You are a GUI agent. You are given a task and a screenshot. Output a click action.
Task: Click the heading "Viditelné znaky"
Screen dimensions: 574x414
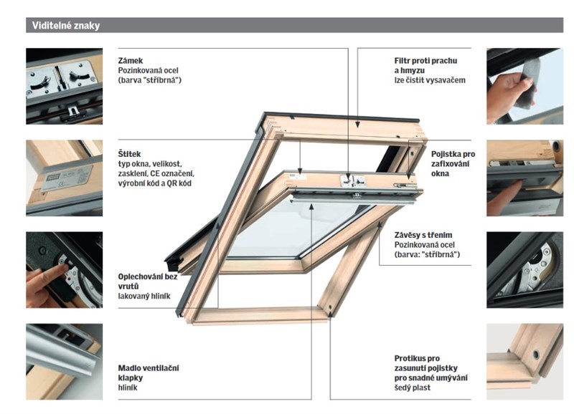click(x=66, y=26)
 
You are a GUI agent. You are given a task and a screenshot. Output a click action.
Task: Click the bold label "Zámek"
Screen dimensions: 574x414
click(x=131, y=61)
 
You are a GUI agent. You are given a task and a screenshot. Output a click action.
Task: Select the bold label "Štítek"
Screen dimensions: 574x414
click(x=129, y=154)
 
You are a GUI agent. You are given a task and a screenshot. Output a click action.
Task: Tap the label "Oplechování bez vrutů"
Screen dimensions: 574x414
click(x=148, y=281)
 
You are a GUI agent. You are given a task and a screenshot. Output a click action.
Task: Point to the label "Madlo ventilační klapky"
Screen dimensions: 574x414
click(x=149, y=372)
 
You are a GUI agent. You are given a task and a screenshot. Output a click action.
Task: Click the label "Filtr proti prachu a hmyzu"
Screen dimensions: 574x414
click(x=425, y=65)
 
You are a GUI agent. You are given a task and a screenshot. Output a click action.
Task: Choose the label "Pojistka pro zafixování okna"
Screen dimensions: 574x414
click(x=453, y=164)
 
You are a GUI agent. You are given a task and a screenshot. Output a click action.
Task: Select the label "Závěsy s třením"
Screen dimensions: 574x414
click(x=423, y=235)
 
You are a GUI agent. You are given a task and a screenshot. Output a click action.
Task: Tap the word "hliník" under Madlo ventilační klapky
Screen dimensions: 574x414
click(x=128, y=387)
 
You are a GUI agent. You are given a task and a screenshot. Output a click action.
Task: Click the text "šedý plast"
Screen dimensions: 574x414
click(x=412, y=387)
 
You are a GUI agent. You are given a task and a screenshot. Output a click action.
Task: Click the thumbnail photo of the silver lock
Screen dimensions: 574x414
click(x=65, y=86)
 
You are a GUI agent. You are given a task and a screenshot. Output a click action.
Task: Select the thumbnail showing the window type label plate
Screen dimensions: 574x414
click(x=65, y=178)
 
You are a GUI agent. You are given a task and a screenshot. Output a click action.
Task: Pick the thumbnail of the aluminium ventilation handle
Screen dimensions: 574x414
click(x=65, y=362)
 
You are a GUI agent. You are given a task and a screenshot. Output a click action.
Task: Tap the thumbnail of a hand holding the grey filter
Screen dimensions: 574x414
click(x=525, y=86)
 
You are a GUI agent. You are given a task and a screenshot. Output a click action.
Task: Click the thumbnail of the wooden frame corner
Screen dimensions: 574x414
click(x=525, y=362)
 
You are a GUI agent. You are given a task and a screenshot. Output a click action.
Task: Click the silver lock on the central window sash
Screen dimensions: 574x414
click(x=352, y=180)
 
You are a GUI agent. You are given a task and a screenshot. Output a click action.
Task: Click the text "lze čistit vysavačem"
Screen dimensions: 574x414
click(x=430, y=80)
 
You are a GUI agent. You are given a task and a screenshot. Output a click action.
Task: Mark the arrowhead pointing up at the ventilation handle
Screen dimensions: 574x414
click(x=311, y=207)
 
